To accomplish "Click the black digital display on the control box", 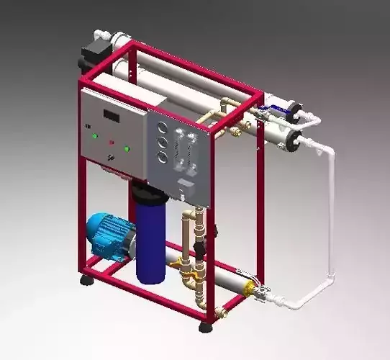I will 111,115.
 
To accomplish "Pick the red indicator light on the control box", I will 111,141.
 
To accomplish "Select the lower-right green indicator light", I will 127,150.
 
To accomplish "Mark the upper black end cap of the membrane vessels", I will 294,110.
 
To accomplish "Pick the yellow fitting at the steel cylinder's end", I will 252,290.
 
